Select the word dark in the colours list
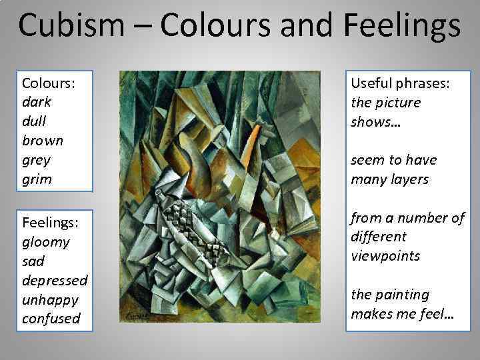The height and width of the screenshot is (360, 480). point(37,103)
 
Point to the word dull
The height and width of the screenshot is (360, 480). point(35,122)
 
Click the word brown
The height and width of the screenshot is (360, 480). point(43,141)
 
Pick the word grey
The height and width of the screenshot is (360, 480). point(36,161)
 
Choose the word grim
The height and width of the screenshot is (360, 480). point(37,179)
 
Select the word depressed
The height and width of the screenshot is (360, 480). point(55,280)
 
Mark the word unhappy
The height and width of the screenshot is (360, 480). point(49,299)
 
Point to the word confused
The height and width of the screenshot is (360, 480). point(51,319)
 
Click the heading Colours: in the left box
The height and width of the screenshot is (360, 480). point(47,83)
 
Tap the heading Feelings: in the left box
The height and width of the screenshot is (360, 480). point(50,222)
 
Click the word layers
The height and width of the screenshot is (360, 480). point(407,179)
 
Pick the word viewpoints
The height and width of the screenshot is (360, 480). point(385,256)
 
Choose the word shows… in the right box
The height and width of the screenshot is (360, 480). point(373,122)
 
